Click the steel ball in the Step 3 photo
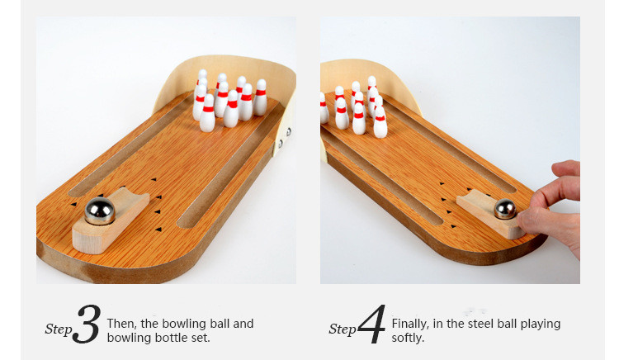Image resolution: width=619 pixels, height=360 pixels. [100, 211]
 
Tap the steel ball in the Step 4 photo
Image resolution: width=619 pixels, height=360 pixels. [505, 209]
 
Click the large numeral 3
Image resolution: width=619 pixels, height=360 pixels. [86, 324]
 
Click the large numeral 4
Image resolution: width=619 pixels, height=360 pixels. [372, 324]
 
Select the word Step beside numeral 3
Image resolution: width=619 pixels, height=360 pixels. [59, 329]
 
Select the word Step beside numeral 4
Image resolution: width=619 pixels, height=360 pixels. [343, 329]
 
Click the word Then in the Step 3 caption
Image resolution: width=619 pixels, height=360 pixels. [121, 324]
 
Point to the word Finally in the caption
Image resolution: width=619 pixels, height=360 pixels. [410, 324]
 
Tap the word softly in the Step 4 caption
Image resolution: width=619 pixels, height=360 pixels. [408, 338]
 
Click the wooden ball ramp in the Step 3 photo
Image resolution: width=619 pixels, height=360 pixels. [111, 221]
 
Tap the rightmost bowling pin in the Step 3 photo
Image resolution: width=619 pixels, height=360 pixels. [260, 97]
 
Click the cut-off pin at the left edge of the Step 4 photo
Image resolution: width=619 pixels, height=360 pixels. [324, 108]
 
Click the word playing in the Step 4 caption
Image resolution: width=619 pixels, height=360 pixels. [541, 324]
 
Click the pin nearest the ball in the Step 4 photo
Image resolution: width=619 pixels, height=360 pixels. [380, 122]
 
